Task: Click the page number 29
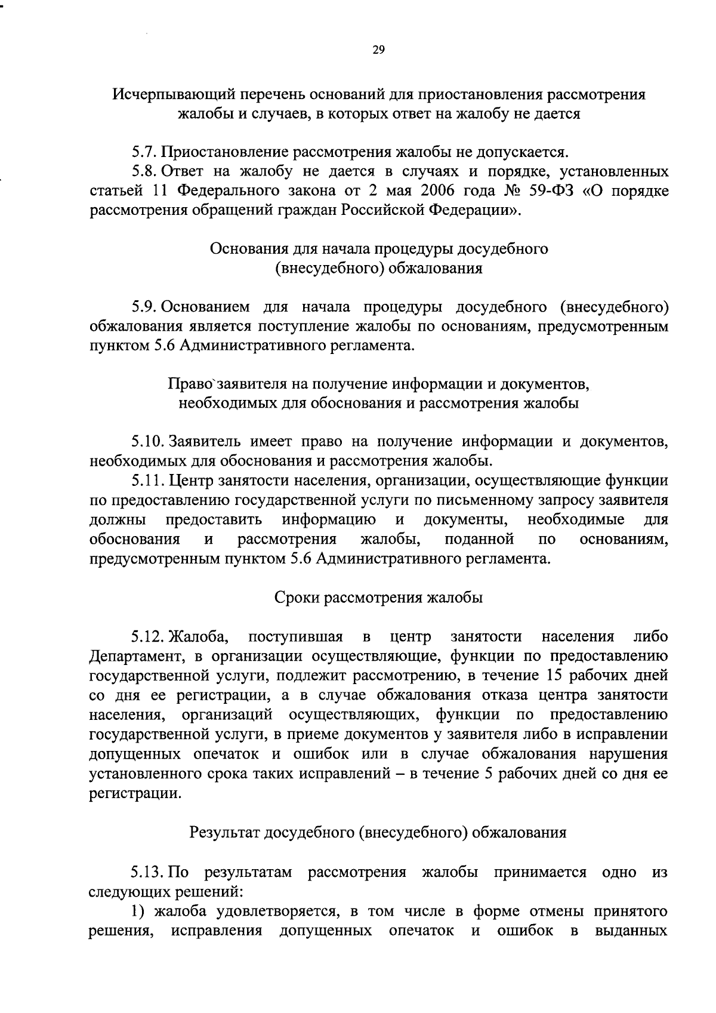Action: tap(378, 50)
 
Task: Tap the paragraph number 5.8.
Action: tap(144, 172)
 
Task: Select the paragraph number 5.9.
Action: tap(144, 307)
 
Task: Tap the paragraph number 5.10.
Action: tap(148, 442)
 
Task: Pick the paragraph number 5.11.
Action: tap(148, 481)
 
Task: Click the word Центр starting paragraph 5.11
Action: tap(192, 481)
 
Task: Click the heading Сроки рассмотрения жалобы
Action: tap(378, 598)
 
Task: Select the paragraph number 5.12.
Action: tap(148, 637)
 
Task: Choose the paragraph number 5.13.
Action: tap(148, 872)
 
